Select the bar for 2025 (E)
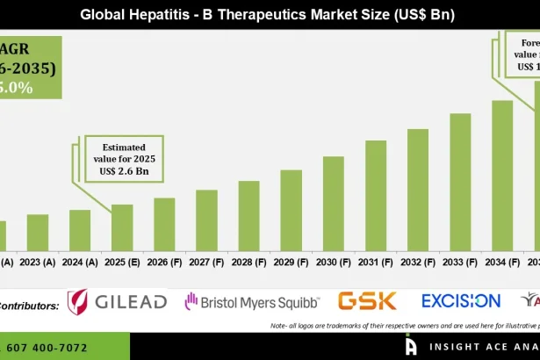click(x=122, y=227)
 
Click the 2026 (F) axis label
click(x=164, y=262)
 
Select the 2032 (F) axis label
click(x=417, y=262)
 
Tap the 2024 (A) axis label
click(x=80, y=262)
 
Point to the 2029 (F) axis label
click(x=291, y=262)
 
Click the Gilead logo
click(x=118, y=302)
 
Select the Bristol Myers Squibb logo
click(x=252, y=302)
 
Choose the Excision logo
click(x=461, y=301)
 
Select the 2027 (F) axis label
click(x=206, y=262)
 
